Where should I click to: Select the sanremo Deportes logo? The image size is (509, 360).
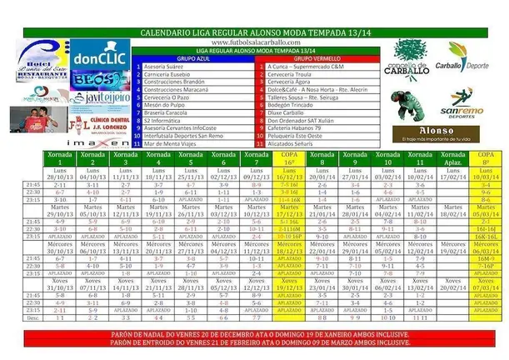coord(460,103)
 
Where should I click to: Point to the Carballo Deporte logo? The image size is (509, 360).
coord(467,58)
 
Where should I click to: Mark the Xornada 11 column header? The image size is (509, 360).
coord(421,159)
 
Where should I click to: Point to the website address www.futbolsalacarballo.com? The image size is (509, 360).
coord(252,38)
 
